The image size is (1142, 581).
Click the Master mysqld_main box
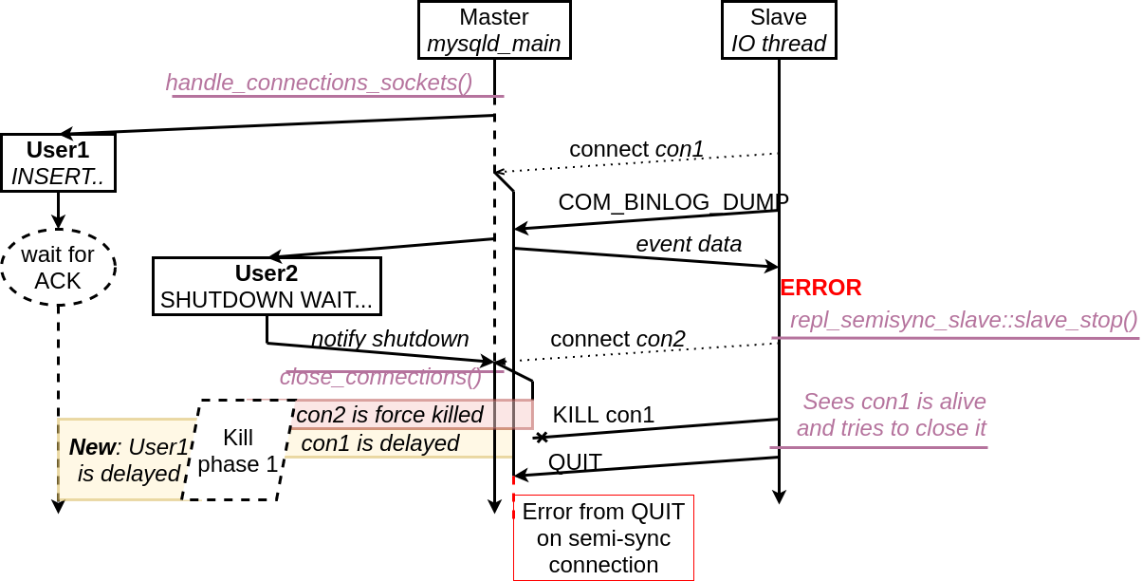493,30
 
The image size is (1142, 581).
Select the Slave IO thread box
778,30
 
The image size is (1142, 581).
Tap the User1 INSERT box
58,162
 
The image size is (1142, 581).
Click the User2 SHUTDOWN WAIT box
267,286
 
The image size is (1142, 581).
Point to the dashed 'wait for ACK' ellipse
58,267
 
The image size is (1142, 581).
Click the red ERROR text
820,288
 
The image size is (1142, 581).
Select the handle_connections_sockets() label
319,83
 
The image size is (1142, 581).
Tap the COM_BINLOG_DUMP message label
673,201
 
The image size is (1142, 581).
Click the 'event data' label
689,244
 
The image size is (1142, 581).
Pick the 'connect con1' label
636,149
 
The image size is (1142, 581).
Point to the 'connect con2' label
617,339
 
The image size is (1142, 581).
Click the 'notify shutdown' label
390,339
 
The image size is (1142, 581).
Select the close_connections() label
380,377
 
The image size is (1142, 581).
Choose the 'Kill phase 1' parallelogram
237,451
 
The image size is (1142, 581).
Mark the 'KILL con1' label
603,415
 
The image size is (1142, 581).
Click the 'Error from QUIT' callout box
603,537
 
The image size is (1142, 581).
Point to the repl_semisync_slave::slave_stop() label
963,320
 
